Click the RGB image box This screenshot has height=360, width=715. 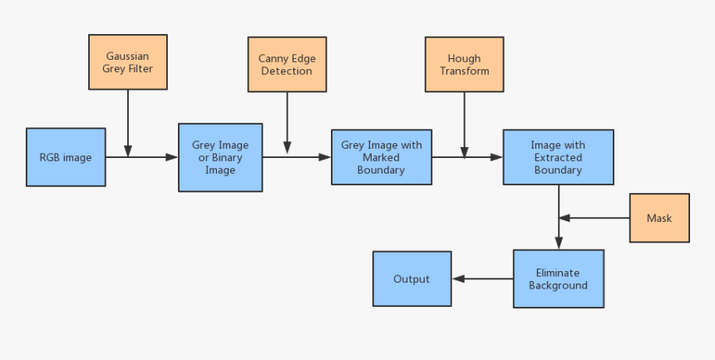(x=66, y=157)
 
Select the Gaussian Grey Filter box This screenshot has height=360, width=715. (x=128, y=62)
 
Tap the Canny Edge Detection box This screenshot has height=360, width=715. (x=287, y=65)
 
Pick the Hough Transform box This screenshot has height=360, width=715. (x=464, y=64)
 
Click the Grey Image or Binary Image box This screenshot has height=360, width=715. (x=220, y=157)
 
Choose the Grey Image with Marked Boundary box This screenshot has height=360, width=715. (x=382, y=157)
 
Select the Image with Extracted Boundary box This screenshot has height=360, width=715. (x=558, y=157)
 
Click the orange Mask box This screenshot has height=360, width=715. (x=659, y=219)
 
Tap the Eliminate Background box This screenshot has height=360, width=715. (x=558, y=279)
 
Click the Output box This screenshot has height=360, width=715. (x=412, y=279)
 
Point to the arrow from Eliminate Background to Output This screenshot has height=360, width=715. (x=482, y=279)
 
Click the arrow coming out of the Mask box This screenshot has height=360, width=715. (x=594, y=219)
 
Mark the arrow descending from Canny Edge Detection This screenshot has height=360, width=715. (x=287, y=121)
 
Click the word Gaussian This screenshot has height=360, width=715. (x=128, y=57)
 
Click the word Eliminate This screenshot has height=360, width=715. (x=558, y=273)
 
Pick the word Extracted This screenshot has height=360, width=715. (x=558, y=157)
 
